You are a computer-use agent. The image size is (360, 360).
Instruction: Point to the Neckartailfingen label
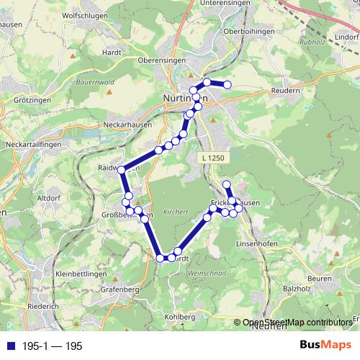coord(32,145)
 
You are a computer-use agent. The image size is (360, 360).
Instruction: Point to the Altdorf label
coord(48,197)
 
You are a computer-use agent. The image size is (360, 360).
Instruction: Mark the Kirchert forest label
coord(175,212)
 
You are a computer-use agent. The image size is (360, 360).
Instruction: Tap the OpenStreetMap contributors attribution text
coord(297,323)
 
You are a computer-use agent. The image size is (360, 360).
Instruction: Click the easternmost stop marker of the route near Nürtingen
coord(228,85)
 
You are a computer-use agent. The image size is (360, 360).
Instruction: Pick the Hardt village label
coord(112,52)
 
